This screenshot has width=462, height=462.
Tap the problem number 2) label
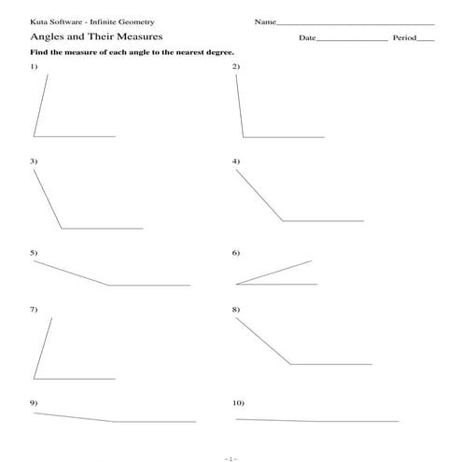[x=236, y=67]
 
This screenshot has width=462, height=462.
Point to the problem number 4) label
[x=236, y=161]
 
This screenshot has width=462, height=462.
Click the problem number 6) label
[x=236, y=253]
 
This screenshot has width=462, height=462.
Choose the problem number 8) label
[x=236, y=309]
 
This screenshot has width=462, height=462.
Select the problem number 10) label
[x=238, y=401]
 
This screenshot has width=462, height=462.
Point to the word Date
[x=308, y=38]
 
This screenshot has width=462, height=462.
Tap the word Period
[x=403, y=38]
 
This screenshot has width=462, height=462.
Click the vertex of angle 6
[x=236, y=284]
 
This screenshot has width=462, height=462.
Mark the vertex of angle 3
[x=62, y=229]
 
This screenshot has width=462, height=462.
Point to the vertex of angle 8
[x=290, y=364]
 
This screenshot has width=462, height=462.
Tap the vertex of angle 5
[x=109, y=285]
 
